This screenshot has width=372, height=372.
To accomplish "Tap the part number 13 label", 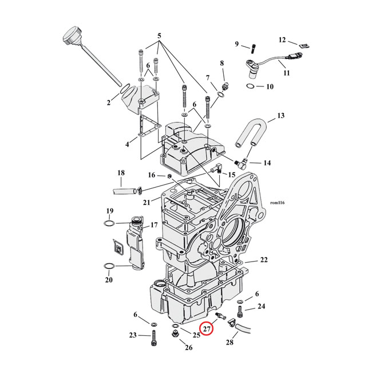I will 280,116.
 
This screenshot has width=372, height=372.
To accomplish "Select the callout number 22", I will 264,260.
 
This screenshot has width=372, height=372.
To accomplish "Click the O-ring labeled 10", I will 251,86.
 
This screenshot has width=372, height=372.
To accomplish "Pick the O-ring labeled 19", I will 110,222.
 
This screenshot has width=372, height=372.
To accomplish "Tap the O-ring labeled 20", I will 109,266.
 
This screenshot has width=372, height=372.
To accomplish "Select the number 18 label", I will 121,173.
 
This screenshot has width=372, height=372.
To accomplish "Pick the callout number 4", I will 128,145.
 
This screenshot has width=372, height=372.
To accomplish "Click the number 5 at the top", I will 160,35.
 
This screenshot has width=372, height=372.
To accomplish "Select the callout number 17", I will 153,225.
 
